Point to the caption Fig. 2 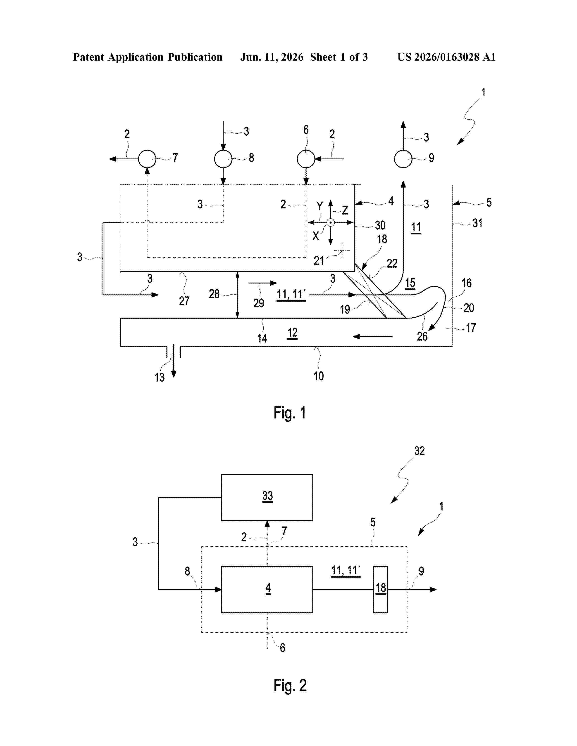(x=290, y=686)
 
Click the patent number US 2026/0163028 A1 (x=446, y=57)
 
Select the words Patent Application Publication (x=148, y=57)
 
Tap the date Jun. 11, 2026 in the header (x=272, y=57)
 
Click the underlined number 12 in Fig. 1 (x=292, y=333)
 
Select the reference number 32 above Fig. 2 (x=420, y=451)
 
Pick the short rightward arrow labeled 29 (x=262, y=283)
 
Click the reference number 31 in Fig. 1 (x=477, y=223)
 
